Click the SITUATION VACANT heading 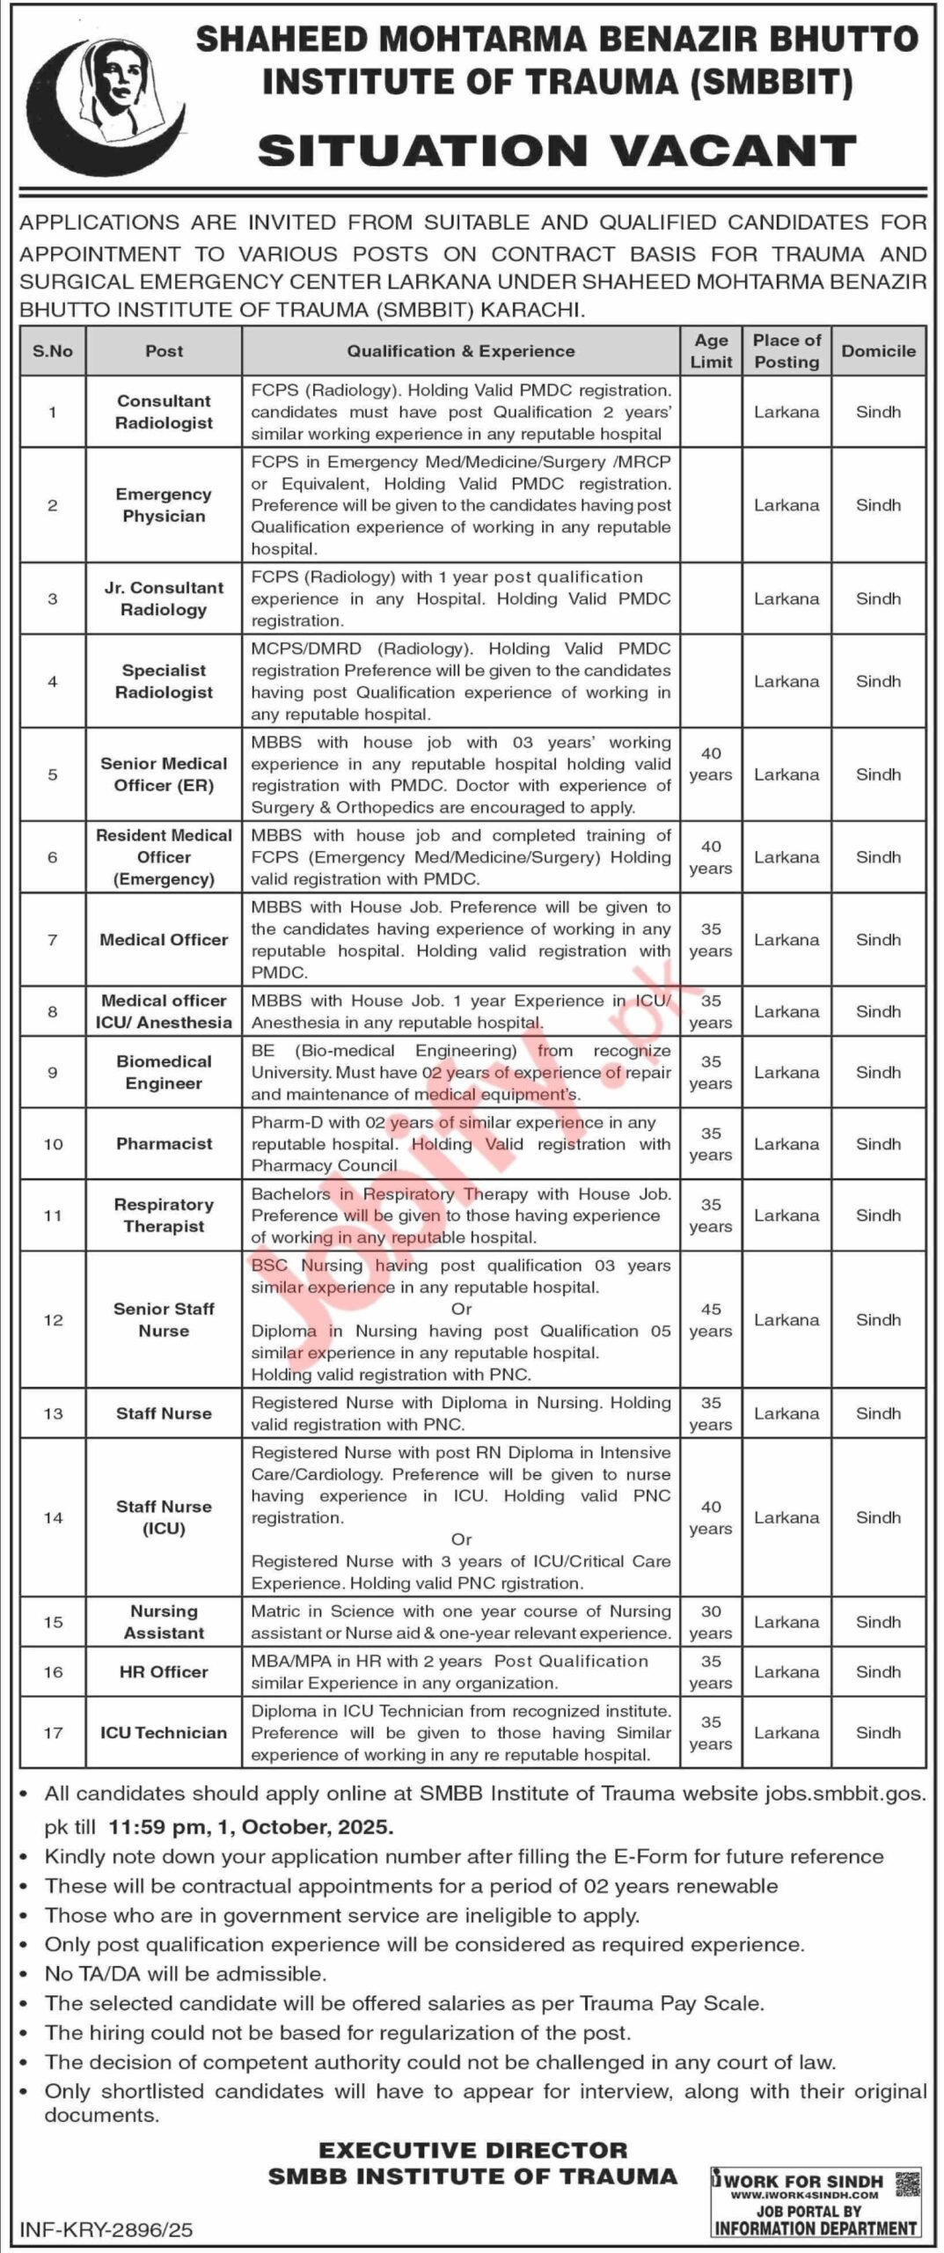click(556, 151)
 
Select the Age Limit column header click(711, 351)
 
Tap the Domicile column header click(878, 351)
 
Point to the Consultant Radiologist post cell click(164, 412)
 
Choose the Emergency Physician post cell click(164, 505)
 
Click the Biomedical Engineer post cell click(164, 1072)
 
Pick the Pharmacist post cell click(164, 1143)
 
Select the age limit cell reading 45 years click(711, 1320)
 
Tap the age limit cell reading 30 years click(711, 1622)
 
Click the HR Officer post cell click(164, 1671)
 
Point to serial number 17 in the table click(53, 1732)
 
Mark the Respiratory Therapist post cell click(164, 1215)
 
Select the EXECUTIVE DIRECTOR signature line click(472, 2149)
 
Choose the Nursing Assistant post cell click(164, 1622)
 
